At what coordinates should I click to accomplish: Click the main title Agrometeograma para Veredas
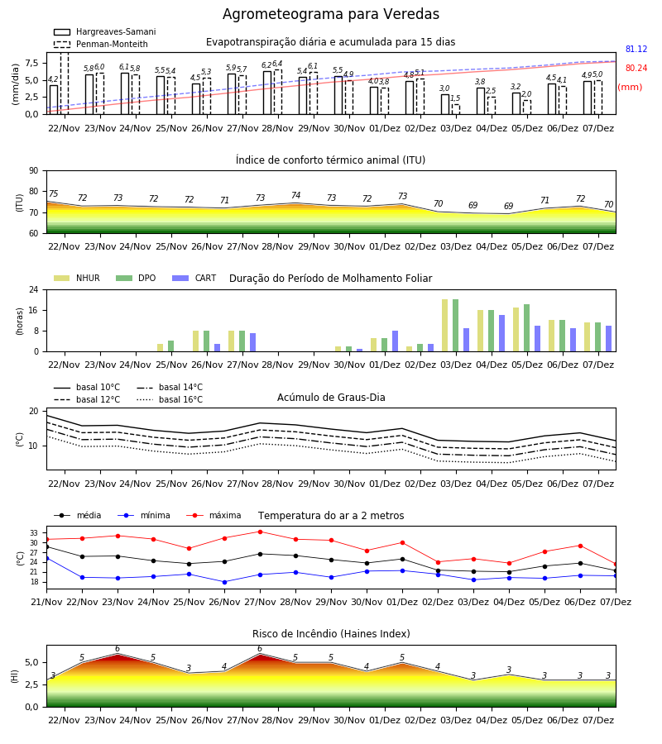coord(330,14)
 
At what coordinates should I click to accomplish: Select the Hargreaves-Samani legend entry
coord(104,31)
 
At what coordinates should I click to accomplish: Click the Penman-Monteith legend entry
coord(101,44)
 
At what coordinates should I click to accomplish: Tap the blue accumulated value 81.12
coord(636,49)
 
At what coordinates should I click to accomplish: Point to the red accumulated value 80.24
coord(636,68)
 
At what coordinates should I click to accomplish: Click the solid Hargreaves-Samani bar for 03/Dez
coord(445,104)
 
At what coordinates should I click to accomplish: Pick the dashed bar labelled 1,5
coord(456,109)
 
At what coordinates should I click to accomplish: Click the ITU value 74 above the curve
coord(296,195)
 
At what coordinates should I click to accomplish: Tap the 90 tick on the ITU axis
coord(34,171)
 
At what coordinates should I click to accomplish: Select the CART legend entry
coord(194,278)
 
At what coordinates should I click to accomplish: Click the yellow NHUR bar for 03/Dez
coord(445,326)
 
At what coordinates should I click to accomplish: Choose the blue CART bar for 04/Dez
coord(502,334)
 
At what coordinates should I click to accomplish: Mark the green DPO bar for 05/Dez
coord(526,328)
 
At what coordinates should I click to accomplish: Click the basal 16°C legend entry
coord(170,399)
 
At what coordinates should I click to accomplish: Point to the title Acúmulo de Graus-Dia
coord(331,397)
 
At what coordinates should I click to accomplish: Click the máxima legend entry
coord(214,515)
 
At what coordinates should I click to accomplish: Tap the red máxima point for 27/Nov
coord(260,532)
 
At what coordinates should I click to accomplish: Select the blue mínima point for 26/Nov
coord(224,582)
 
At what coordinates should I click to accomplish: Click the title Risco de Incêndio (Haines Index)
coord(331,633)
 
